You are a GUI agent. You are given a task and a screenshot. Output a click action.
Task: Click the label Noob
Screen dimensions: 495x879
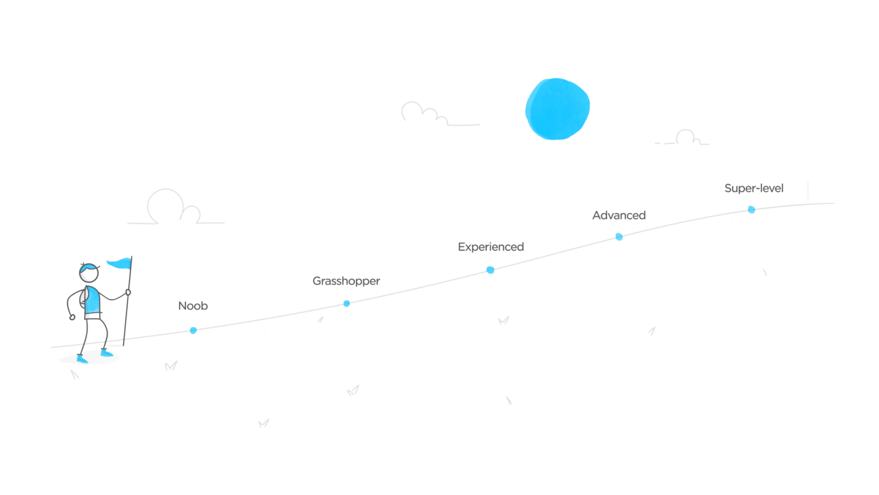pos(193,306)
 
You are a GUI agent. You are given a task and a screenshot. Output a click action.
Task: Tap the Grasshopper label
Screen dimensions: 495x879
pos(346,281)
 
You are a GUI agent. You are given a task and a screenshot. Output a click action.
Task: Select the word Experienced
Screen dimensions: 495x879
pos(491,247)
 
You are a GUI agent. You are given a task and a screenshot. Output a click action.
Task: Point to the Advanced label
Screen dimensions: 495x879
pos(619,215)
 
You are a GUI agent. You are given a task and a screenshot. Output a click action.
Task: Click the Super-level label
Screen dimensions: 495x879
pos(754,188)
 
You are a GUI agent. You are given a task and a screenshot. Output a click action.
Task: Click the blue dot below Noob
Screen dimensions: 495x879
pos(193,330)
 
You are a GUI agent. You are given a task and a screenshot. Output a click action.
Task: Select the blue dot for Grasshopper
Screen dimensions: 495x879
pos(347,303)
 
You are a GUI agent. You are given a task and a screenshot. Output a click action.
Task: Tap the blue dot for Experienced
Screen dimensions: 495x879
pos(490,270)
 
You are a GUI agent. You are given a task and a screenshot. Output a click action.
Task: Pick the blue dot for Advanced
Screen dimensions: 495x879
pos(619,237)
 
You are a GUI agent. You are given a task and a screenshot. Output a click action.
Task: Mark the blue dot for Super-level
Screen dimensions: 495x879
pos(751,210)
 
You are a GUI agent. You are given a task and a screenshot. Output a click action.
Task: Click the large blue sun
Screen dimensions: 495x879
pos(557,109)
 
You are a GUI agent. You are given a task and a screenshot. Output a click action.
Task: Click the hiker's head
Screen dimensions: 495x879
pos(89,273)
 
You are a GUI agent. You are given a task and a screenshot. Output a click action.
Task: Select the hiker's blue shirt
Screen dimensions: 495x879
pos(93,301)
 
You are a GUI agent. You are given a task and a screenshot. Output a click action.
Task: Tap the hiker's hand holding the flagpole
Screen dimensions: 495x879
pos(127,293)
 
